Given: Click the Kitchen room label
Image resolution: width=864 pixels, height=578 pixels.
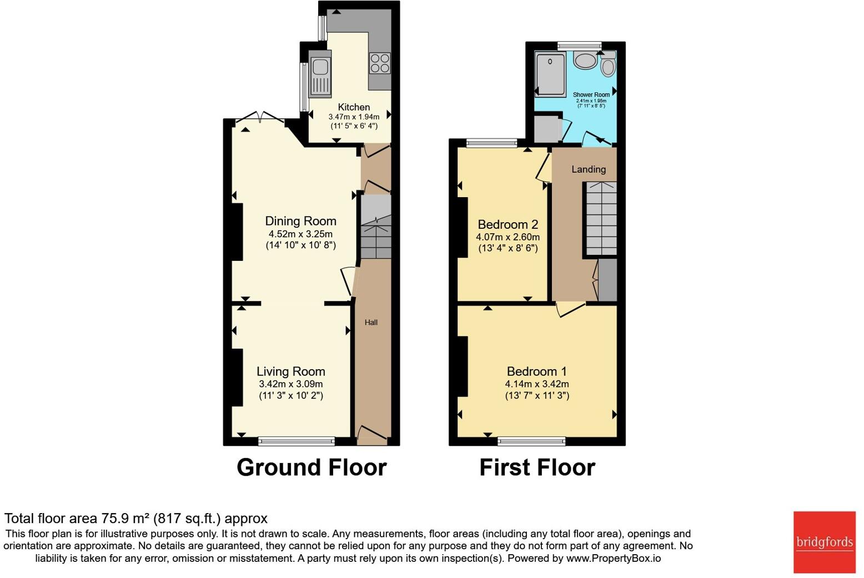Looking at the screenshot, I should [x=354, y=107].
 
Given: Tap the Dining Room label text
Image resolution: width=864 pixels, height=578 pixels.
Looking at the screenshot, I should [x=300, y=221].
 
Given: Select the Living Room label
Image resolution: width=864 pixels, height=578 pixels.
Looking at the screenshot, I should [x=290, y=371].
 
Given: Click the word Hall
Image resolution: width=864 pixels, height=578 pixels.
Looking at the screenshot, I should [x=371, y=322].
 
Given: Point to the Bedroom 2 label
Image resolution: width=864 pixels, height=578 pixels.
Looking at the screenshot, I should [x=508, y=224].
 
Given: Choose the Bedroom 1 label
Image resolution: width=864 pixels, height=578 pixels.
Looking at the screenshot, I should [x=536, y=371].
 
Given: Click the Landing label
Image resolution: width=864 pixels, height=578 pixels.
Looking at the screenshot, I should [x=589, y=169].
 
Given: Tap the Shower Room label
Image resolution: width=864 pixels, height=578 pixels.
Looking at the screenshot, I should [x=591, y=95].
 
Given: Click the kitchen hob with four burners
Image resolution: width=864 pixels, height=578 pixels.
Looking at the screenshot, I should [x=380, y=63].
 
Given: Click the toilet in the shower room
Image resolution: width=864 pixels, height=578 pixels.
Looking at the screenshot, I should [x=608, y=64].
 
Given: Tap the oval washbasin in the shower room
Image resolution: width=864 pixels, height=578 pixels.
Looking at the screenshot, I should [x=585, y=60].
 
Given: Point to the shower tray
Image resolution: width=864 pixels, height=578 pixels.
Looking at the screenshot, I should [x=550, y=74].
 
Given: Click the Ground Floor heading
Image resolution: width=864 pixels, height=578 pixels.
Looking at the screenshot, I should [x=312, y=468].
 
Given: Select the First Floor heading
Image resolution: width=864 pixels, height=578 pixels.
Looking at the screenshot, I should [x=537, y=468].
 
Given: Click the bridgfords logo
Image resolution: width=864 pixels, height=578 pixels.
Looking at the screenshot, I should [x=824, y=541].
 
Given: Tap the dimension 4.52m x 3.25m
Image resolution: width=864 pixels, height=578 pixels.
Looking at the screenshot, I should [x=300, y=234].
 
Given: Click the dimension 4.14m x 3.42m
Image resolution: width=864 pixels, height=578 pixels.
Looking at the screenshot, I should [x=536, y=384].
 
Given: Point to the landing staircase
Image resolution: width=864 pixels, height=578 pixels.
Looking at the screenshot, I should [x=600, y=219].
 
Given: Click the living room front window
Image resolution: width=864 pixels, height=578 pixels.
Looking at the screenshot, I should [x=297, y=441].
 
